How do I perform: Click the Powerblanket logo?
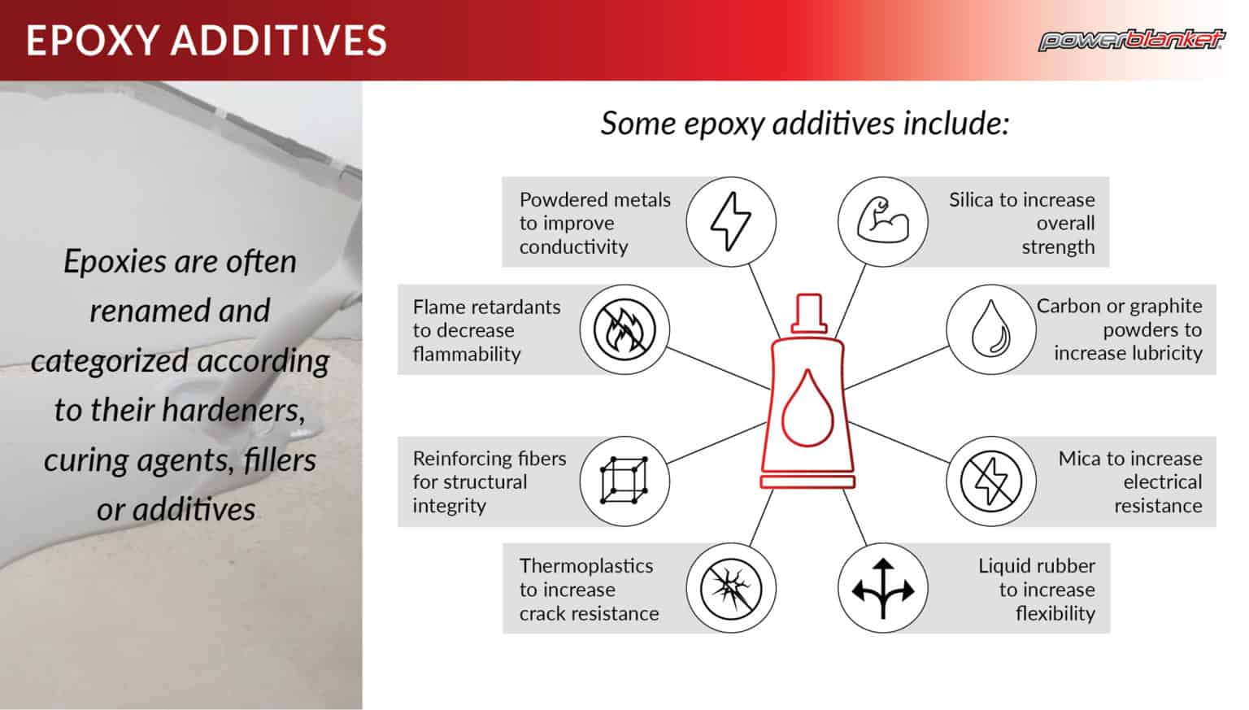tap(1131, 40)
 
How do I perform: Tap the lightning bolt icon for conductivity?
tap(730, 221)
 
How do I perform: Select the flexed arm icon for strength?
tap(882, 221)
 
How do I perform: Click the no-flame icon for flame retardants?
tap(624, 329)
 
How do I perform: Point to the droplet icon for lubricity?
tap(990, 329)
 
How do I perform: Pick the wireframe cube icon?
tap(624, 481)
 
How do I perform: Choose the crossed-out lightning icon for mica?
tap(990, 481)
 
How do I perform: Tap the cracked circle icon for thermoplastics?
tap(730, 588)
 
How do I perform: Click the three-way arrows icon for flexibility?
tap(882, 588)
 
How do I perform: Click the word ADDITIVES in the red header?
tap(277, 41)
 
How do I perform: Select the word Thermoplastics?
tap(585, 565)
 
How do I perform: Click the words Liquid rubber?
tap(1036, 565)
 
